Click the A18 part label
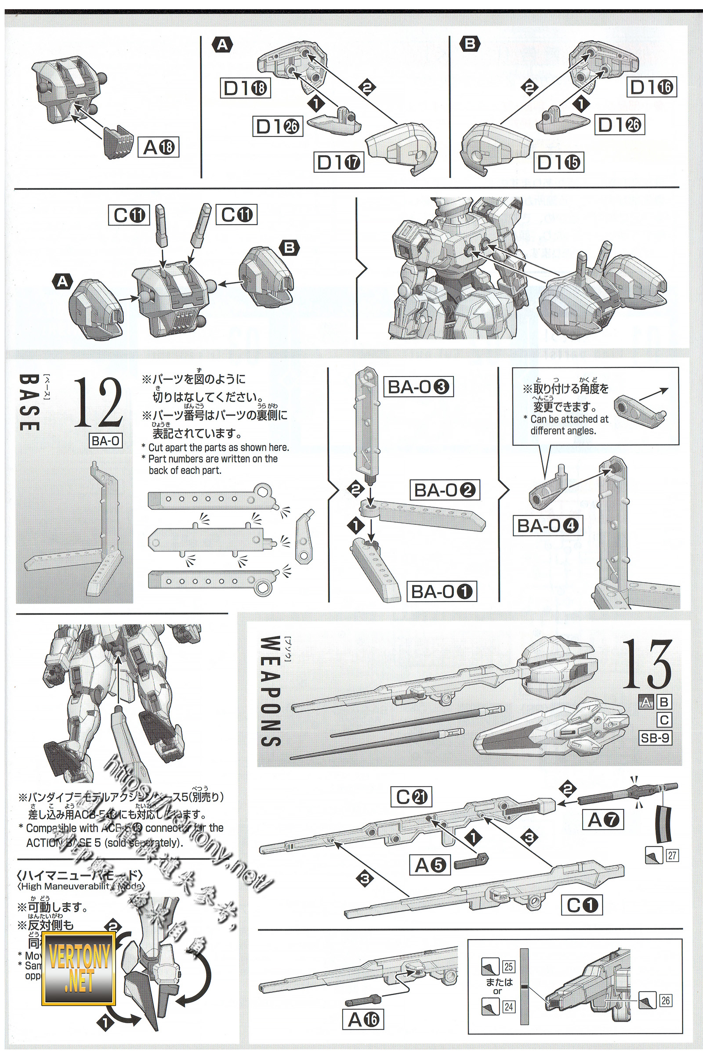[159, 147]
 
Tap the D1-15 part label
[558, 162]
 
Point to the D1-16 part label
[651, 87]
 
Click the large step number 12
[98, 402]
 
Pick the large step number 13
[647, 664]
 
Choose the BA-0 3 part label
[418, 387]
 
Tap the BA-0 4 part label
[547, 526]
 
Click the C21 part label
[412, 797]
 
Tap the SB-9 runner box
[655, 737]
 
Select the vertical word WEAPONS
[270, 692]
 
